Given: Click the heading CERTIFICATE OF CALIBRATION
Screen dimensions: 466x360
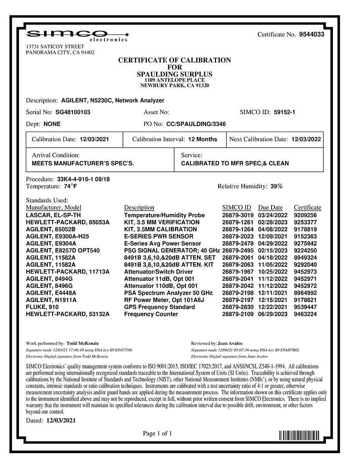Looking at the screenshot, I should point(175,60).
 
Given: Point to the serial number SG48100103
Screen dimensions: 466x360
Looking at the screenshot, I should point(73,112).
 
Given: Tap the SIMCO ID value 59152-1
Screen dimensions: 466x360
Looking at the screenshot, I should point(284,112).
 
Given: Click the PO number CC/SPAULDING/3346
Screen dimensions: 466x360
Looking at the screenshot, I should point(196,124).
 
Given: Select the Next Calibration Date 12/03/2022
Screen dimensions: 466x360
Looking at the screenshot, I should point(306,139).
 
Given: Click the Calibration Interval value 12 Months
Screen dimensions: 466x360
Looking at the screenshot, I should point(203,139).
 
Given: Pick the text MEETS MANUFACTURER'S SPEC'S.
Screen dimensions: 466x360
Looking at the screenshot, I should point(83,164).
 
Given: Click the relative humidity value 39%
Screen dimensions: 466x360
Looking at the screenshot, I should point(276,186).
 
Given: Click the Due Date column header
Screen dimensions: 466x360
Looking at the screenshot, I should point(270,208).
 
